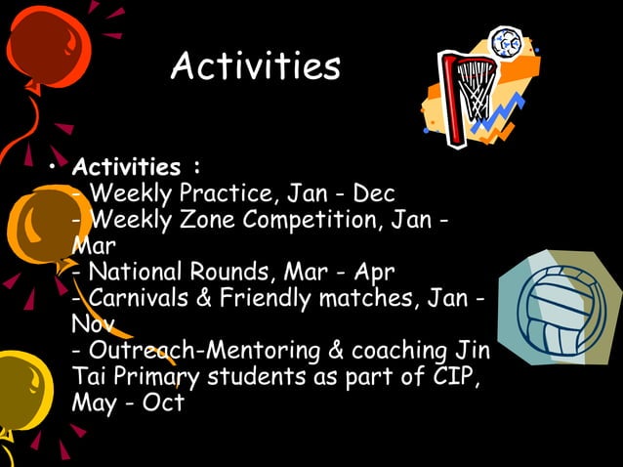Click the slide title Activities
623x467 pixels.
coord(255,66)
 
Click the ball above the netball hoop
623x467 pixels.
coord(507,42)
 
